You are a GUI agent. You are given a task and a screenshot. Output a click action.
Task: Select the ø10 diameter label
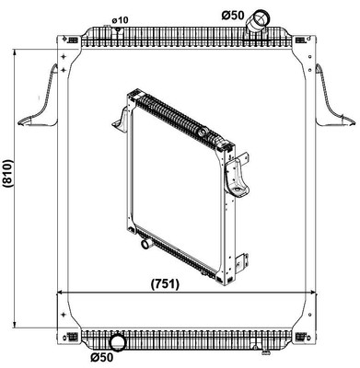pos(119,19)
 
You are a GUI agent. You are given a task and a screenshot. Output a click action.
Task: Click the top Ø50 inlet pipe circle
pos(262,17)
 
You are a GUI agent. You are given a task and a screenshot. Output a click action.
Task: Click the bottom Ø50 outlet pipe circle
pos(117,339)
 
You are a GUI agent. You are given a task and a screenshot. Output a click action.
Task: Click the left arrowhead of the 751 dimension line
pos(61,293)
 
